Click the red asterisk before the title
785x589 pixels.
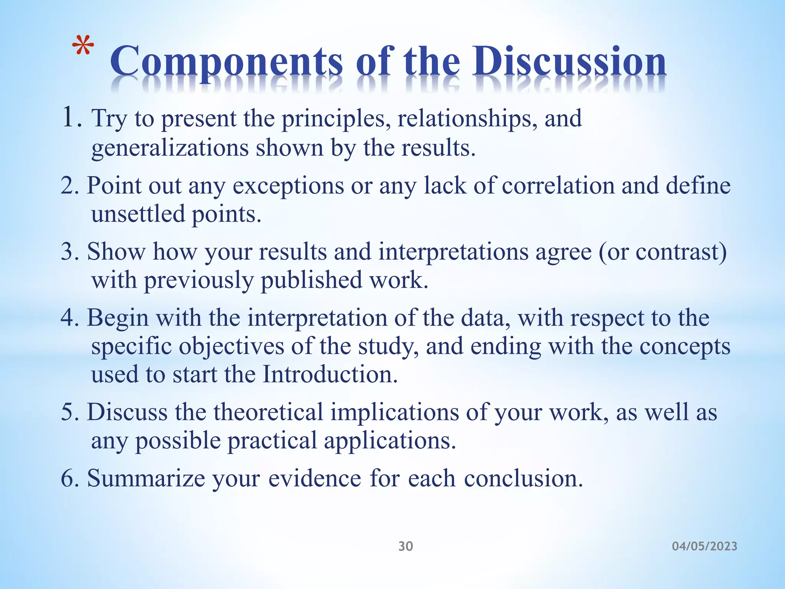click(83, 47)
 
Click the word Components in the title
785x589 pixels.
click(226, 62)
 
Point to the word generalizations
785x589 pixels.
click(170, 148)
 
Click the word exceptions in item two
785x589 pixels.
click(288, 186)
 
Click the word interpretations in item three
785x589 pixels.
click(453, 252)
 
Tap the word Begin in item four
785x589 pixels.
click(118, 319)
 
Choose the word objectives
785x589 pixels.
click(232, 347)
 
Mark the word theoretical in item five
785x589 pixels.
click(268, 413)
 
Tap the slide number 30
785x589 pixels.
click(406, 546)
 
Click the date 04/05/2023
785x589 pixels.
click(705, 546)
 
